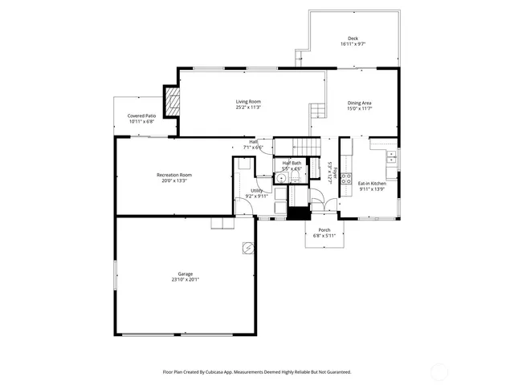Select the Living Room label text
pos(248,101)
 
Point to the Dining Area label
pos(359,103)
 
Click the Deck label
pos(353,38)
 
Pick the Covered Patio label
pos(141,115)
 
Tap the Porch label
pos(324,229)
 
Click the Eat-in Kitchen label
pos(372,184)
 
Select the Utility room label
pos(256,190)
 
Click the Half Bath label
pos(292,163)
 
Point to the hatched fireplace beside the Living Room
pos(172,101)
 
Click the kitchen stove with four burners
pos(346,179)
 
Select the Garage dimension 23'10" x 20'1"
pos(184,280)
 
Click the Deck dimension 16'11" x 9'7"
pos(353,44)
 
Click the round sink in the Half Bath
pos(282,178)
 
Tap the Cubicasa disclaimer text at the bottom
pos(257,372)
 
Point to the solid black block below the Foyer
pos(300,213)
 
